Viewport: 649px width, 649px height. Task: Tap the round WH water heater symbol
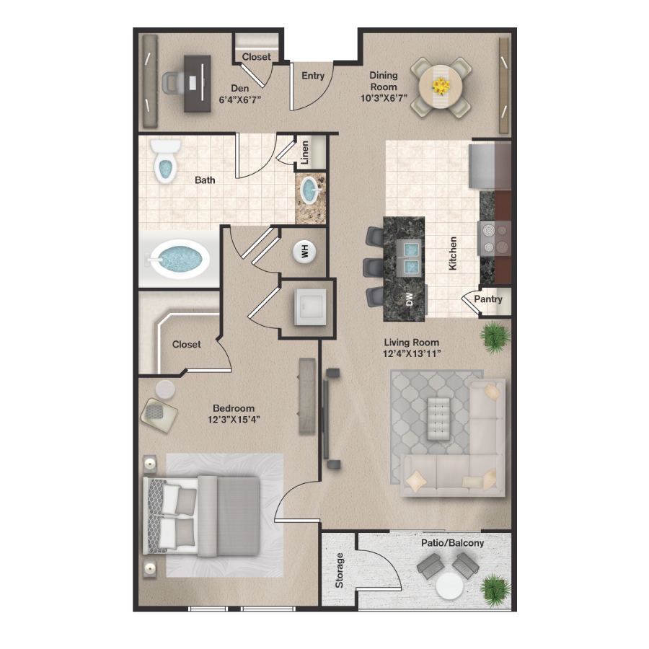304,251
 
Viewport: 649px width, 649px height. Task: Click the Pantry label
488,300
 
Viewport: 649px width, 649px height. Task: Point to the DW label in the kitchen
409,299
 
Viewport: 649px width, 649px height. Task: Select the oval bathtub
177,258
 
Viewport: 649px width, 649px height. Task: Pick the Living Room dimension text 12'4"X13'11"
411,353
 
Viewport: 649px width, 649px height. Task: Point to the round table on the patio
450,586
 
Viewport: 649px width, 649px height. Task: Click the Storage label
340,570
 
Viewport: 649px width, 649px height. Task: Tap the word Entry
313,76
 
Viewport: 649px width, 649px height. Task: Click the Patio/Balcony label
453,543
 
